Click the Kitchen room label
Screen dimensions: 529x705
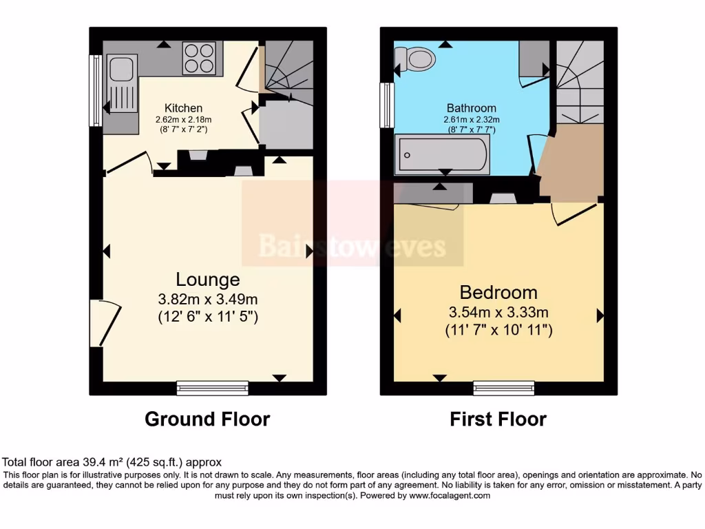point(183,108)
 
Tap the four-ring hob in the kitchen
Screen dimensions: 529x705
point(199,59)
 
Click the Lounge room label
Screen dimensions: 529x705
point(208,279)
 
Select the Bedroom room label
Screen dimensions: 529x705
point(498,292)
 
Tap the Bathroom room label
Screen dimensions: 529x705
point(471,108)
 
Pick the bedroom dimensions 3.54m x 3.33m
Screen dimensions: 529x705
point(498,312)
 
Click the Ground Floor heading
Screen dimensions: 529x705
point(207,419)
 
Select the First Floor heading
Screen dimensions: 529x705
point(498,419)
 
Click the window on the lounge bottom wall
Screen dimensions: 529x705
point(212,388)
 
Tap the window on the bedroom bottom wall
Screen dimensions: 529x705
point(504,388)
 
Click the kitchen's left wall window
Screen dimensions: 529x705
point(96,90)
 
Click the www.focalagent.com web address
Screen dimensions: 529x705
point(449,495)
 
